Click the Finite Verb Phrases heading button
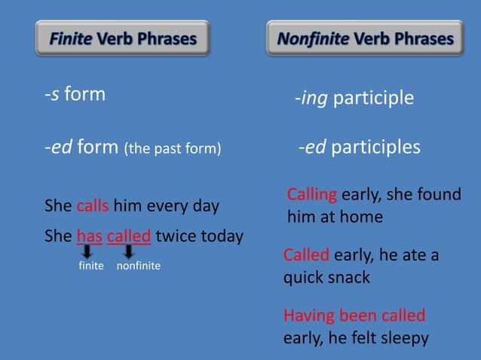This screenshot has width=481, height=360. pyautogui.click(x=123, y=38)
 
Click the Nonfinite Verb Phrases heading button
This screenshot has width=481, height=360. pyautogui.click(x=366, y=38)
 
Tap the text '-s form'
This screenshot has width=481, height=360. pyautogui.click(x=74, y=95)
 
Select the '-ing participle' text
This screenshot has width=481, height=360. pyautogui.click(x=354, y=99)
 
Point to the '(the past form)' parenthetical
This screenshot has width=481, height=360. pyautogui.click(x=173, y=148)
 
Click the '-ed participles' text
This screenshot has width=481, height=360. pyautogui.click(x=359, y=147)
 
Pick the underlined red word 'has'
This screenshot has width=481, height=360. pyautogui.click(x=89, y=236)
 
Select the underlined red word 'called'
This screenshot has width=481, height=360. pyautogui.click(x=129, y=236)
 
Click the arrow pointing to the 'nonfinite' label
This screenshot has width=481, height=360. pyautogui.click(x=129, y=252)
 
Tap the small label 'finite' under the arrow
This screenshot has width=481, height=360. pyautogui.click(x=90, y=266)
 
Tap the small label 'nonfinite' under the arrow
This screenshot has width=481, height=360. pyautogui.click(x=139, y=266)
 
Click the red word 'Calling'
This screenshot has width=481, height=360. pyautogui.click(x=312, y=195)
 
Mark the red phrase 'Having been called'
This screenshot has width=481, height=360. pyautogui.click(x=354, y=315)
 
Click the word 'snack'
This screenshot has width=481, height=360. pyautogui.click(x=348, y=277)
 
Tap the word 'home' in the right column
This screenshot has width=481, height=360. pyautogui.click(x=363, y=218)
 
